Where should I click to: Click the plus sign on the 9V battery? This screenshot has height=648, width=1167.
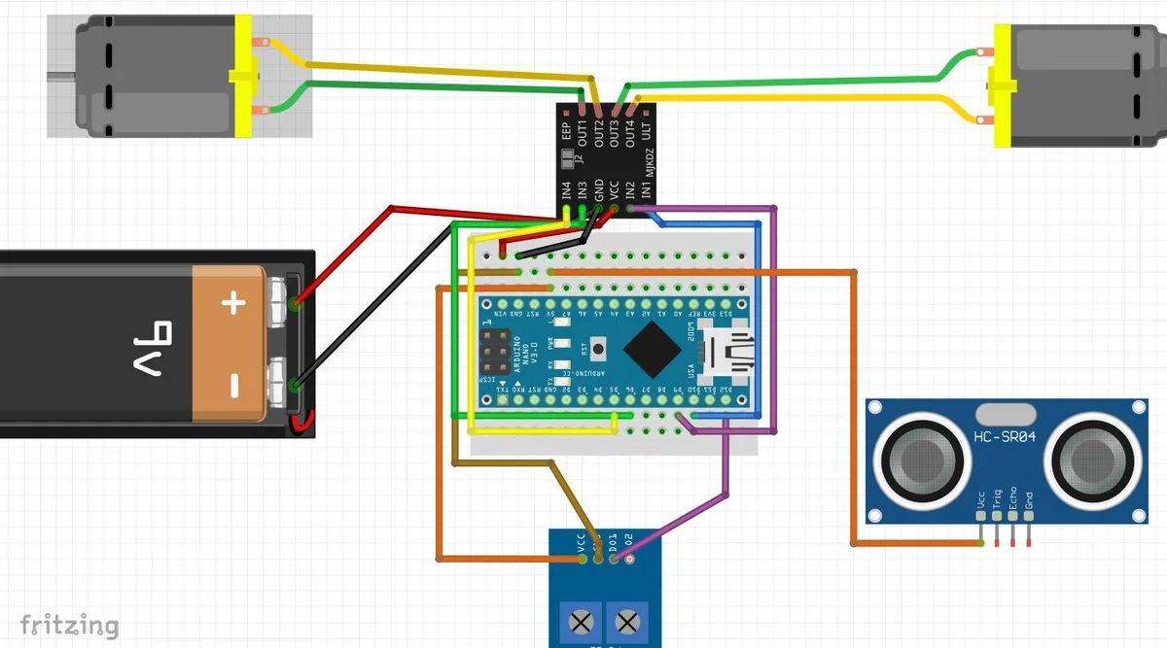231,304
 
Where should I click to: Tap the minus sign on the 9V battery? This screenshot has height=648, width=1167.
233,386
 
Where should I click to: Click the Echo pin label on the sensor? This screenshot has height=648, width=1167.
1012,497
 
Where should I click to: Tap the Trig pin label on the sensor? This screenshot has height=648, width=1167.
997,497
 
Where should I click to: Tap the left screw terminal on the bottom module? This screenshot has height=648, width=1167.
582,619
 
